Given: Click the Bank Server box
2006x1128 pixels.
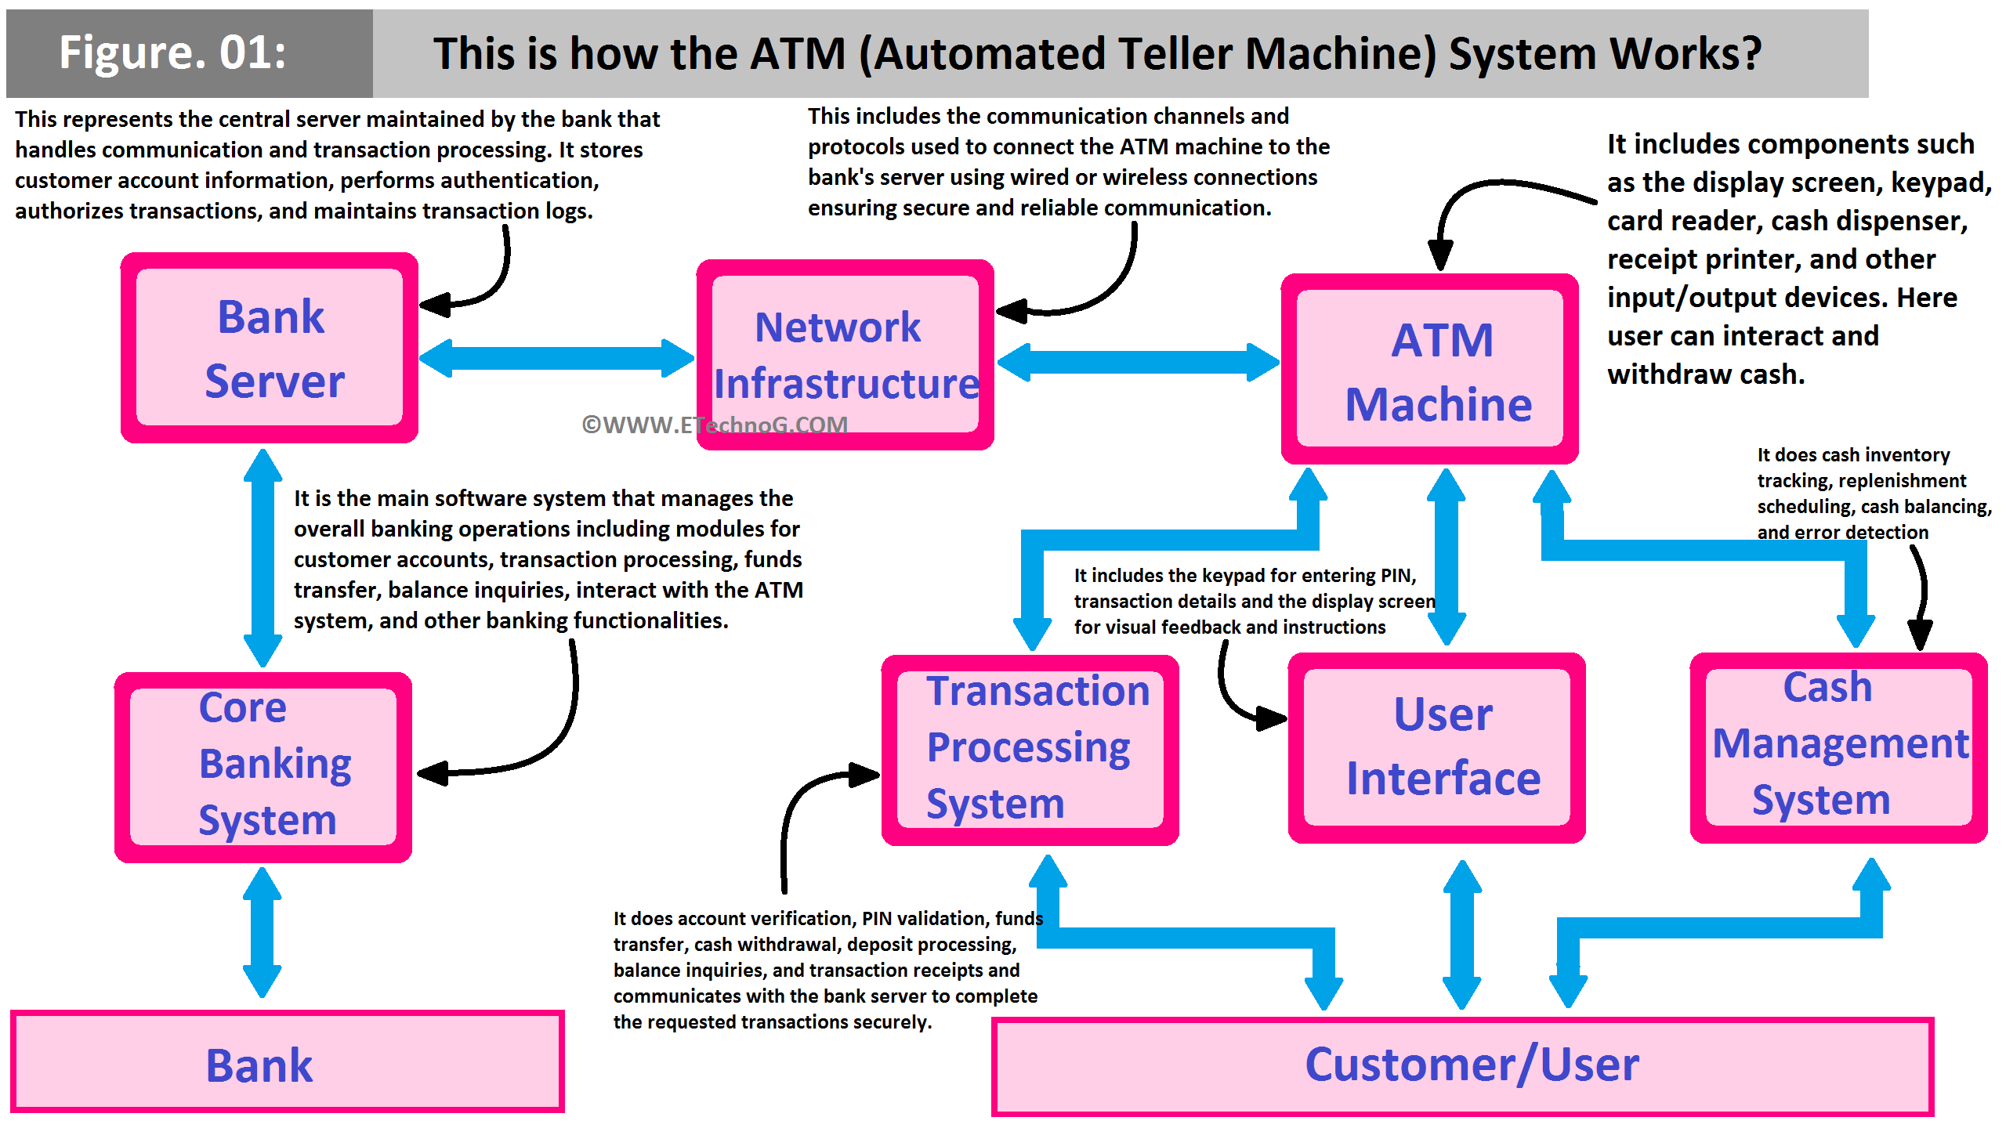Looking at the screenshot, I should [270, 348].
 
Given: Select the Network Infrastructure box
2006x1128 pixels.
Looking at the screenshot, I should [845, 355].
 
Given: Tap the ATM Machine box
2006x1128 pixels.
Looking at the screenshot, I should [1429, 369].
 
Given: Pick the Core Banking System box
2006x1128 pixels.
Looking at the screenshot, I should [263, 767].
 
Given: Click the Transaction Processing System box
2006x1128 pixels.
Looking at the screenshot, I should [1030, 750].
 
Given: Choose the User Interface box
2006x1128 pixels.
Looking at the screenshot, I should [1436, 748].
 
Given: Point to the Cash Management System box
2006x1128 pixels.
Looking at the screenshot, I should [1838, 748].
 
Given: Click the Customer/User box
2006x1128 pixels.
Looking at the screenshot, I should [1462, 1066].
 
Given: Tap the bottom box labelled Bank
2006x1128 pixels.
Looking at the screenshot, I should [287, 1062].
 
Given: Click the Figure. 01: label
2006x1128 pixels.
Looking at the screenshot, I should [174, 53].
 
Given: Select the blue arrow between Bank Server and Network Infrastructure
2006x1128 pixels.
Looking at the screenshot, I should [556, 358].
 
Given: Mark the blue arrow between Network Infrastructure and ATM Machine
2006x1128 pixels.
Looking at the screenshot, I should [1138, 362].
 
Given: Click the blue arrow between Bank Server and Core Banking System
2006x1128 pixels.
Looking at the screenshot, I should [263, 558].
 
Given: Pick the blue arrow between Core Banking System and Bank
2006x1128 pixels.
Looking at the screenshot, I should [262, 932].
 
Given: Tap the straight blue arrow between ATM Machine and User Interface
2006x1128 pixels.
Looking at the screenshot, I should [1446, 556].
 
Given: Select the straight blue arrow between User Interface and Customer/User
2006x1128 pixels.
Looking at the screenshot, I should [1461, 934].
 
